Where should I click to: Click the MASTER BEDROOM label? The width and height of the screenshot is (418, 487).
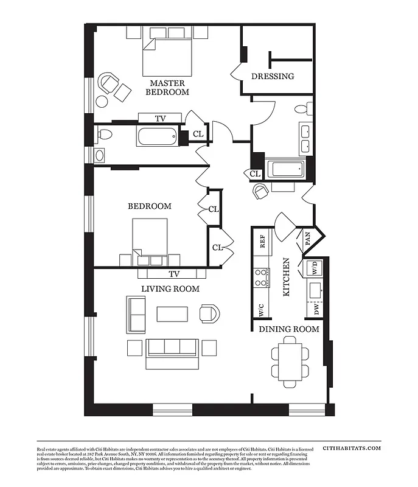(167, 87)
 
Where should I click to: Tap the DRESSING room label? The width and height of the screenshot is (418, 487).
(273, 77)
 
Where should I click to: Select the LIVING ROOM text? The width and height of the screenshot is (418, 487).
(170, 289)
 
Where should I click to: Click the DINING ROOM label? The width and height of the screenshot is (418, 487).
(289, 329)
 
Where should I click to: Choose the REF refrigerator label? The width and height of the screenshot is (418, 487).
(263, 242)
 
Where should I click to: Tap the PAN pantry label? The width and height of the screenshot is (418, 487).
(308, 238)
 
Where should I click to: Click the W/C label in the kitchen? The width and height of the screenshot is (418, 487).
(262, 310)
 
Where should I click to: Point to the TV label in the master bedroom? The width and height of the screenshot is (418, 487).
(160, 119)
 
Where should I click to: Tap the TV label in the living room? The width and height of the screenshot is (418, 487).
(174, 274)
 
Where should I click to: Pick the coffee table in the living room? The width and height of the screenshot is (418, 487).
(173, 314)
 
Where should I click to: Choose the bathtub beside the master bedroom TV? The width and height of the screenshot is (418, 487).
(156, 136)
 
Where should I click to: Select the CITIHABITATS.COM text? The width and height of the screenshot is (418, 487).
(352, 448)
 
